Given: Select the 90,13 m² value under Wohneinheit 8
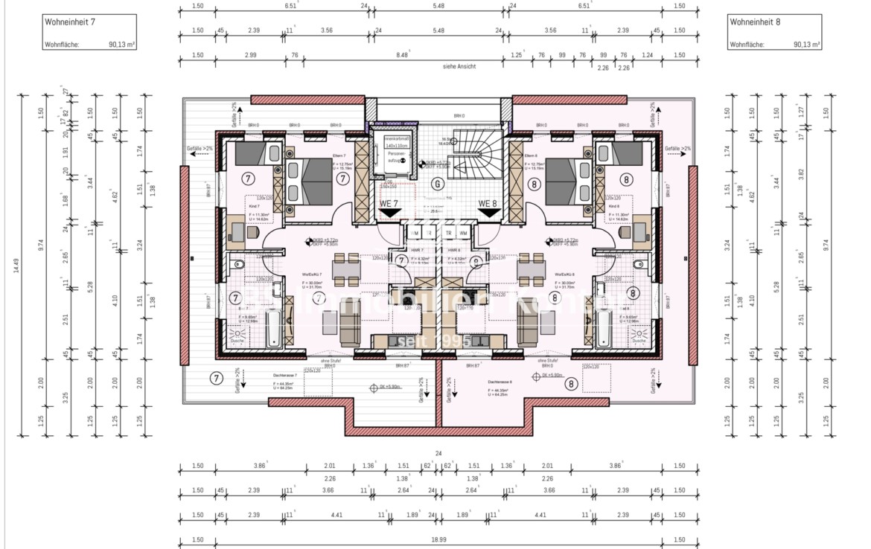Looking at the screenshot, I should click(x=806, y=45).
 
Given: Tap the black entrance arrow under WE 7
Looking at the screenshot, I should click(x=388, y=213).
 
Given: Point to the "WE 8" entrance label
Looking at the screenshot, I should click(x=488, y=203).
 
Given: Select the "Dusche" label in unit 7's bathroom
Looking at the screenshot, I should click(x=237, y=341).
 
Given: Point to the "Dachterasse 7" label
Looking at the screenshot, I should click(x=284, y=376).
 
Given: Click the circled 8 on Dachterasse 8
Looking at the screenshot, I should click(x=571, y=384).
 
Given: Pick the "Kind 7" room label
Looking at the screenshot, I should click(x=254, y=205).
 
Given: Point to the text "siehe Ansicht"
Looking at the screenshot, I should click(x=459, y=66).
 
